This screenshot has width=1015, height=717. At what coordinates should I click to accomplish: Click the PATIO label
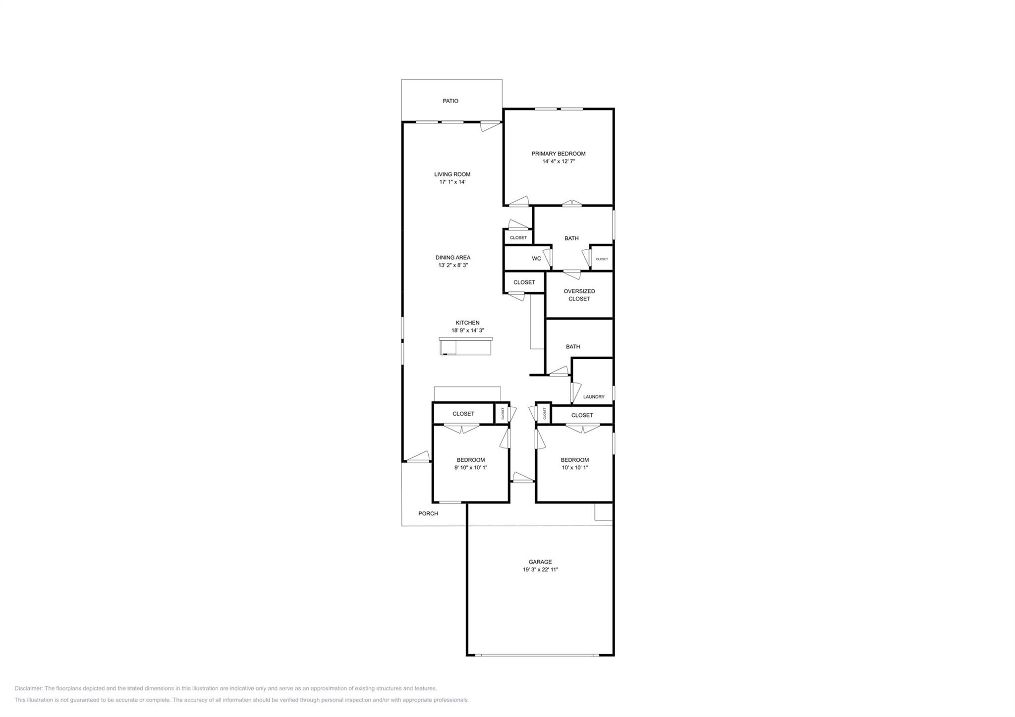tap(450, 101)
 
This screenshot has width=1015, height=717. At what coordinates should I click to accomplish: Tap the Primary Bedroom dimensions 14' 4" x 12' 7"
tap(558, 162)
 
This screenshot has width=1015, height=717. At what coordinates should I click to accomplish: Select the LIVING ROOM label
tap(452, 174)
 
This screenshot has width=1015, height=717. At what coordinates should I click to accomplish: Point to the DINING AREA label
tap(452, 258)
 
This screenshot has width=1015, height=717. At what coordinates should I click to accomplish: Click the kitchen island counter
tap(465, 346)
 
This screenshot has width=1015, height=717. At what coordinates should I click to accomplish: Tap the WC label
tap(536, 259)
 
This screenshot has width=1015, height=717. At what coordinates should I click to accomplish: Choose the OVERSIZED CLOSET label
tap(579, 295)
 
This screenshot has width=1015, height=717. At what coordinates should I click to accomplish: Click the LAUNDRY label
tap(593, 397)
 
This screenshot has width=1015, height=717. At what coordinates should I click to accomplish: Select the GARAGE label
tap(540, 562)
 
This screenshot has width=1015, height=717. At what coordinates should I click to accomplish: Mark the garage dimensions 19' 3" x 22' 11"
tap(540, 570)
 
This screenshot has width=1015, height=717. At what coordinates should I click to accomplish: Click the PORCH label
tap(428, 514)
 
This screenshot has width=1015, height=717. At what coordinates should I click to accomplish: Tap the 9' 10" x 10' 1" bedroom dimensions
tap(470, 468)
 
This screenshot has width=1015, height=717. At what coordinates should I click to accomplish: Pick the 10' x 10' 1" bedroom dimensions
tap(574, 468)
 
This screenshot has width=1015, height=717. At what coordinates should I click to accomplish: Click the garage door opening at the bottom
tap(539, 655)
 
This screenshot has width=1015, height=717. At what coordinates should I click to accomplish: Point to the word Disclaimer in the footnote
tap(28, 688)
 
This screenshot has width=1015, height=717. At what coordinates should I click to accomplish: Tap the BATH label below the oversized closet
tap(572, 347)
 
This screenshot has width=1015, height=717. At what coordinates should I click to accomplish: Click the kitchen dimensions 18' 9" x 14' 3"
tap(467, 331)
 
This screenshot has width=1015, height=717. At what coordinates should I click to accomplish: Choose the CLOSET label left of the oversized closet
tap(524, 282)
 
